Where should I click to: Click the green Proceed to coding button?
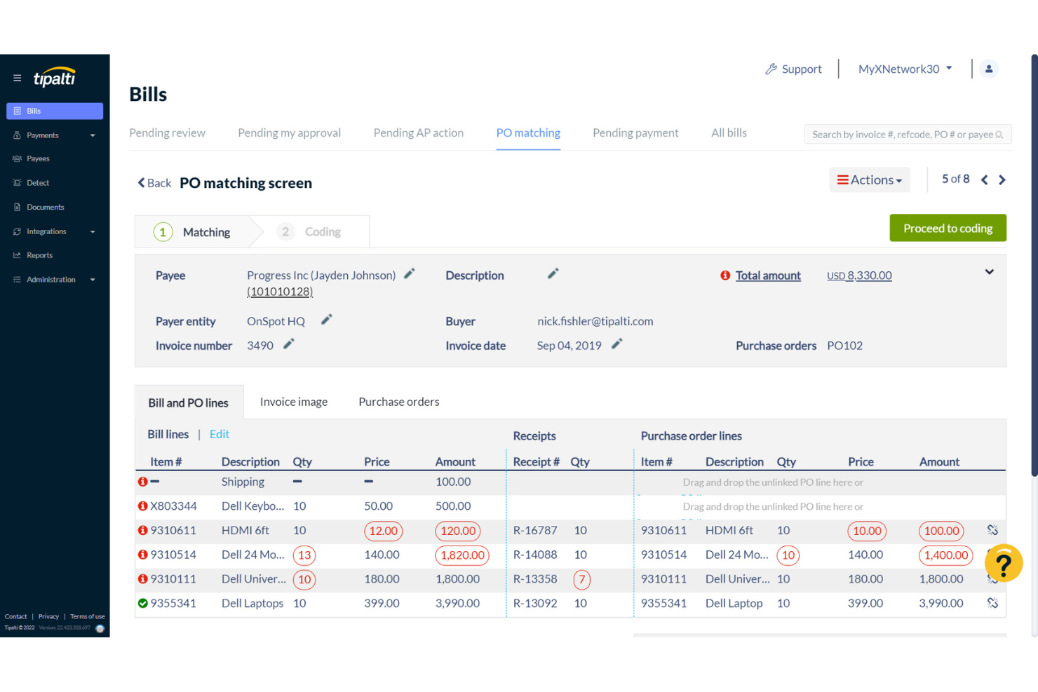click(x=948, y=229)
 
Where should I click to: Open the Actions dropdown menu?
click(x=869, y=180)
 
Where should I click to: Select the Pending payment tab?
click(x=635, y=133)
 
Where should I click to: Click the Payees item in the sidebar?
click(x=38, y=159)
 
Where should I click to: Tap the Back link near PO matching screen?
click(x=154, y=183)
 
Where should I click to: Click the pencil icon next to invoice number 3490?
click(x=288, y=344)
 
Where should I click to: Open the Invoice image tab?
click(x=293, y=402)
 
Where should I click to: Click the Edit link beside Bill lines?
click(x=219, y=435)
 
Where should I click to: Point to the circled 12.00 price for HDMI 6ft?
click(x=383, y=531)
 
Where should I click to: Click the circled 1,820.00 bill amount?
click(x=461, y=555)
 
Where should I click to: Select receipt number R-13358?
click(x=534, y=579)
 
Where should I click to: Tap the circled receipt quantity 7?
click(x=581, y=580)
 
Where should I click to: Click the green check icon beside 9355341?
click(x=143, y=604)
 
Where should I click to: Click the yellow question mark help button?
click(x=1003, y=564)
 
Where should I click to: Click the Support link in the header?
click(x=793, y=69)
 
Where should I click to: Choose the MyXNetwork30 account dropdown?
click(x=905, y=69)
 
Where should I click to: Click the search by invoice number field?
click(x=902, y=135)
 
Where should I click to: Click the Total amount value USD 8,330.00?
click(x=859, y=276)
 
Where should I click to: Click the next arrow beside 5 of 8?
click(x=1002, y=180)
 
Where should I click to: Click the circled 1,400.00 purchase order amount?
click(x=945, y=555)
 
